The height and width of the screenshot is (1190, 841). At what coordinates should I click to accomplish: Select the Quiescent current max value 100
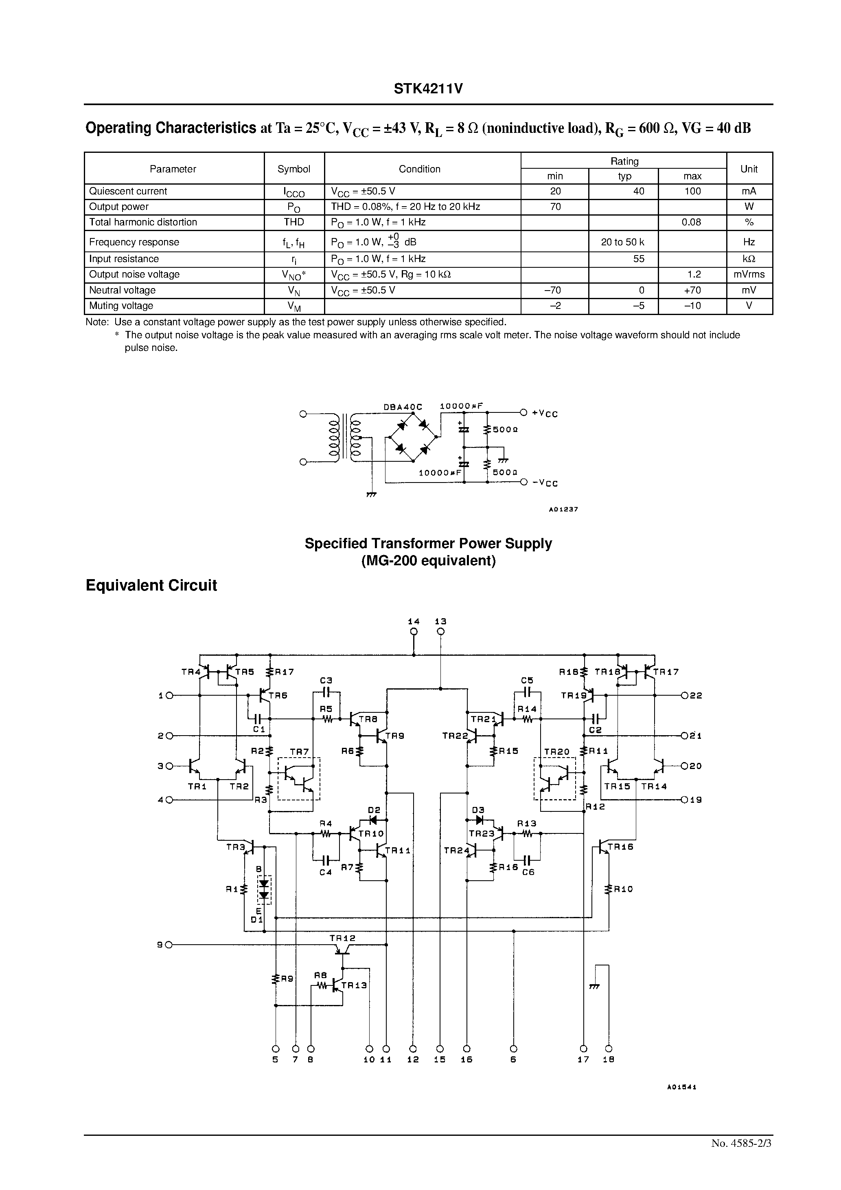[x=692, y=191]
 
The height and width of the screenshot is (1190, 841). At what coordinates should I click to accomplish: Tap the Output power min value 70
[x=555, y=207]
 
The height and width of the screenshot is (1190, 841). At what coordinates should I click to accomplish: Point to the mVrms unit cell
[x=749, y=274]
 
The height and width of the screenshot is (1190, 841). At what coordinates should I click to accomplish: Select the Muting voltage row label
[x=121, y=306]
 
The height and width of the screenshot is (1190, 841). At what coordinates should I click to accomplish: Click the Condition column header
[x=419, y=169]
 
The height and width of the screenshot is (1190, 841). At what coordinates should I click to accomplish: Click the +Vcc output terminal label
[x=545, y=413]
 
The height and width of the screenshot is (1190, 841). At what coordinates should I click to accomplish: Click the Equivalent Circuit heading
[x=151, y=586]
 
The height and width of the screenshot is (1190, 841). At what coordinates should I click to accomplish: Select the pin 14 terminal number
[x=413, y=621]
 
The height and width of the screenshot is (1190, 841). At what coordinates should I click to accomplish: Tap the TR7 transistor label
[x=299, y=751]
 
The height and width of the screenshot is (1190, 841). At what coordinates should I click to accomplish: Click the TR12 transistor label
[x=342, y=938]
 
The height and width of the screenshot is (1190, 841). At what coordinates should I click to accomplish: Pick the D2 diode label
[x=374, y=810]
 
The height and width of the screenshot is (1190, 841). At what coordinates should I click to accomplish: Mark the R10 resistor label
[x=624, y=889]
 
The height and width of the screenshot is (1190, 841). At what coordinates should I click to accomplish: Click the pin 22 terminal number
[x=696, y=696]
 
